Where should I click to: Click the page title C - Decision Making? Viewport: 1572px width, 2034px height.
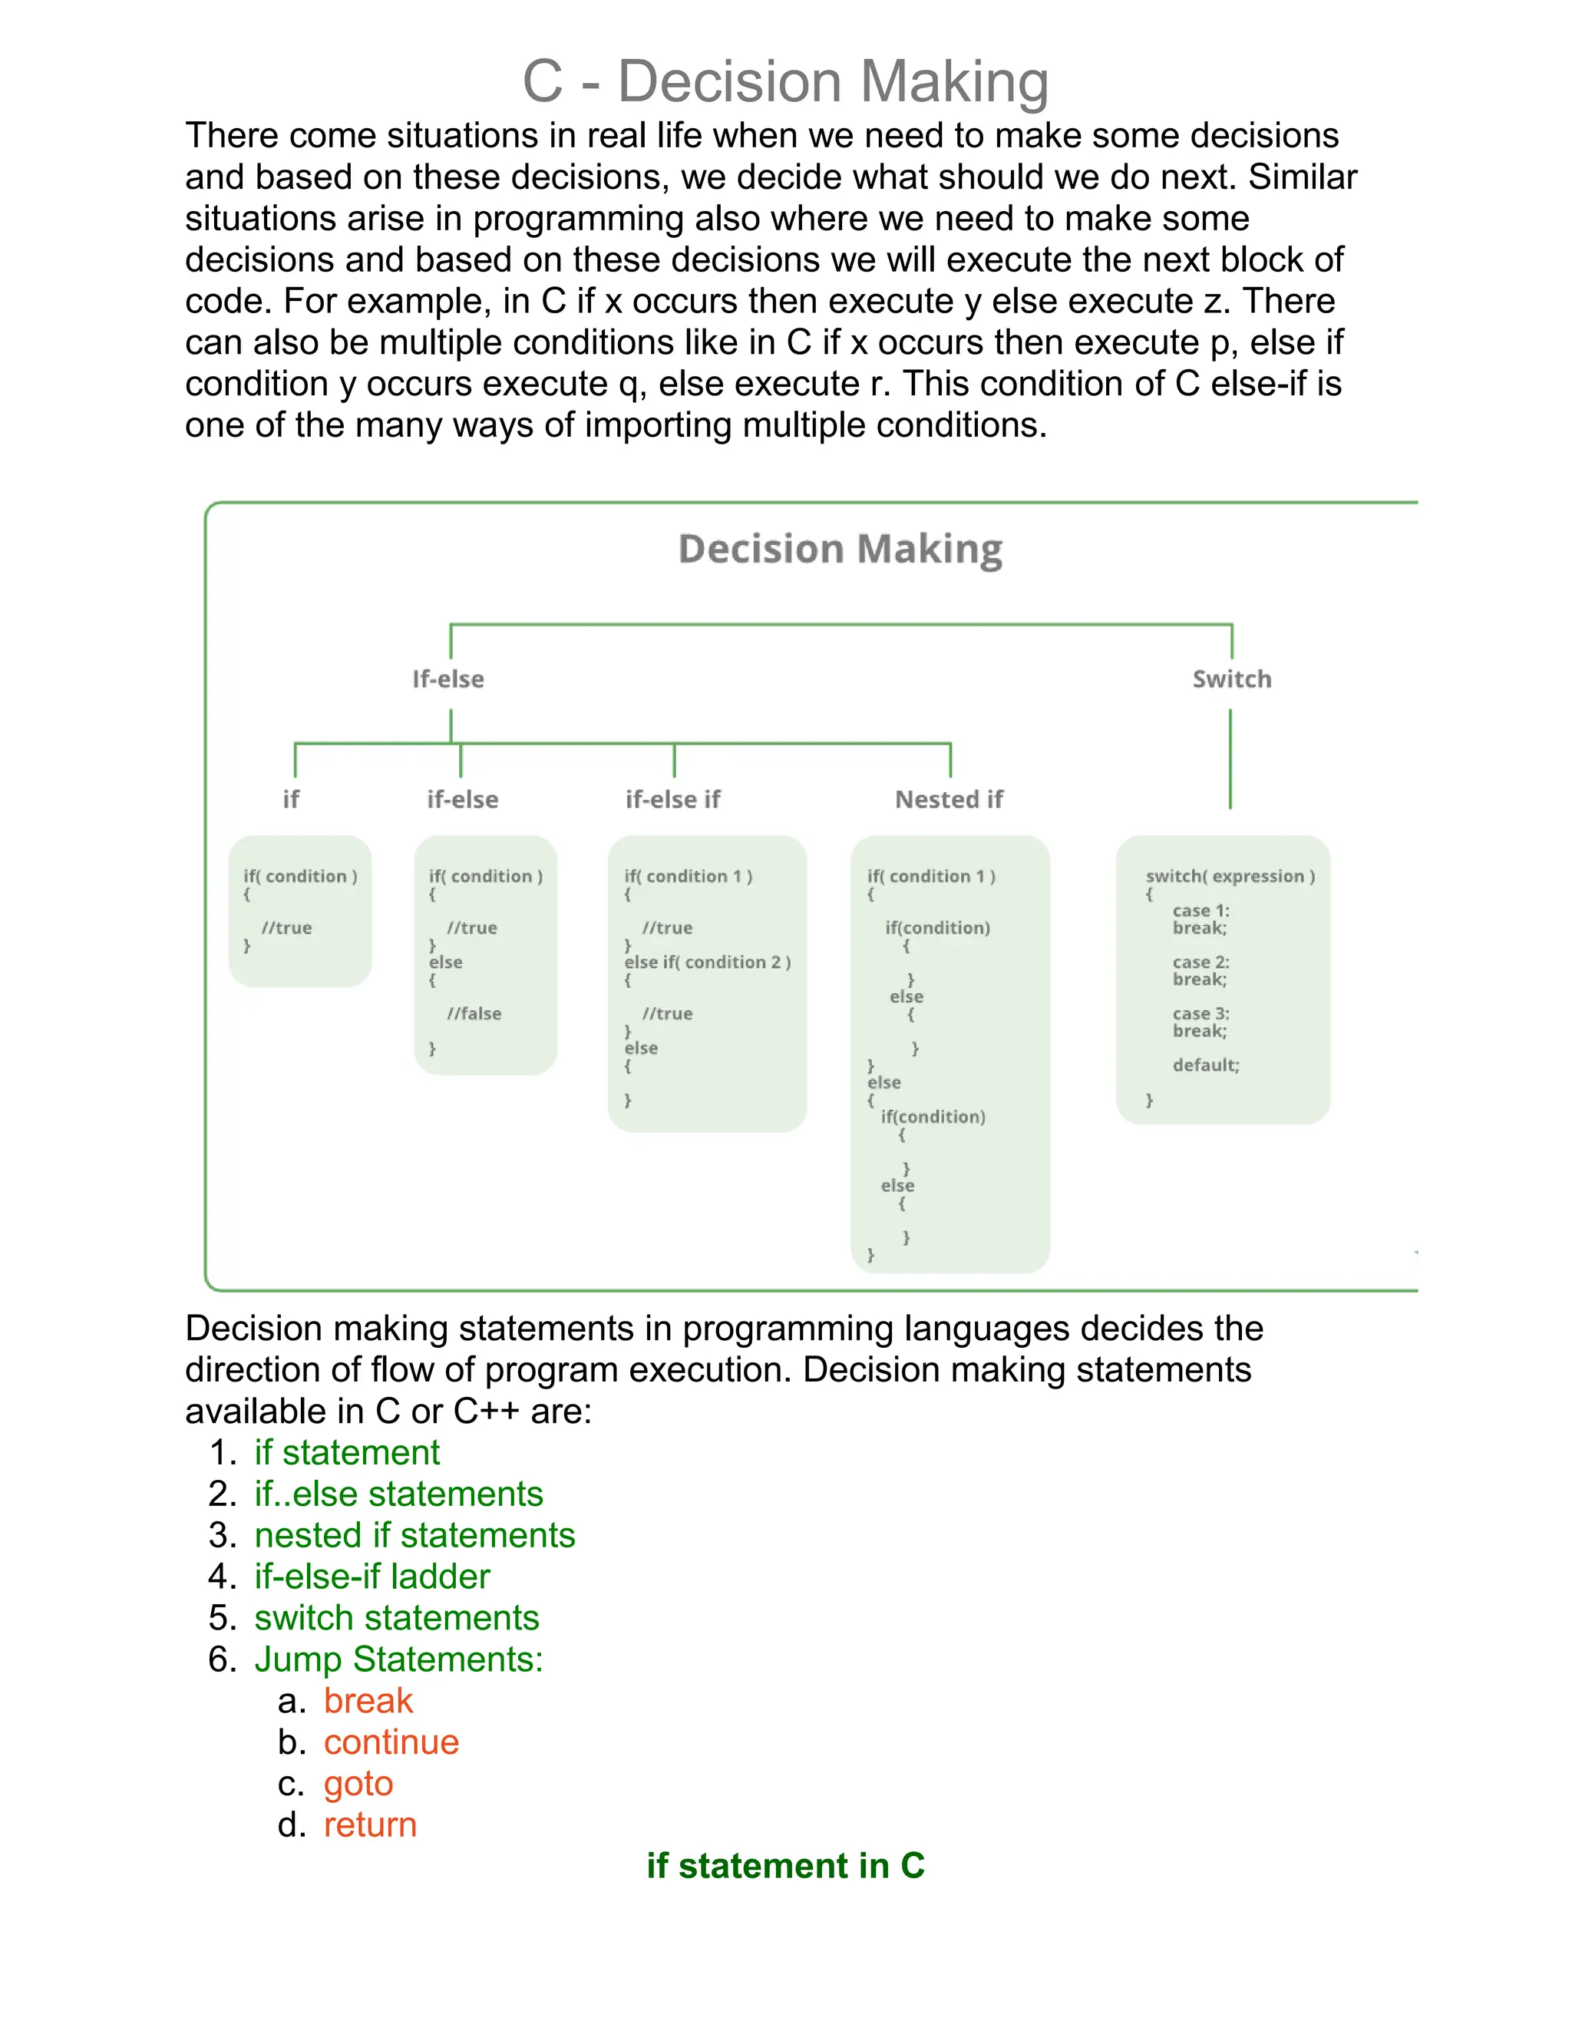(785, 81)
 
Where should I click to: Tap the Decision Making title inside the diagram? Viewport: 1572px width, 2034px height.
(840, 549)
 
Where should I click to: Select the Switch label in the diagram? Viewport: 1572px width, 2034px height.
(1231, 679)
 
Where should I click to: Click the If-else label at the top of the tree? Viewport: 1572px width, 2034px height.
(448, 679)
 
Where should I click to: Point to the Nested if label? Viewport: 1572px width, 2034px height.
(948, 799)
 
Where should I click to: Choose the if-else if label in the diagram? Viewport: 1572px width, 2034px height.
(672, 799)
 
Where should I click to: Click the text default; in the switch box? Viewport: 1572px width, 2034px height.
(1205, 1065)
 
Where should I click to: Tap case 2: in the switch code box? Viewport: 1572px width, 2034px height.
(1200, 962)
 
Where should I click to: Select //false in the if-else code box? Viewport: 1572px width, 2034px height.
(474, 1013)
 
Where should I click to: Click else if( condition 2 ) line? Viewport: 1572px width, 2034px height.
(707, 962)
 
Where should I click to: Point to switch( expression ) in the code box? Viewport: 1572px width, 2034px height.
(1230, 877)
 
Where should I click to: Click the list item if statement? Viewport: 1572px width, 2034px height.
(346, 1452)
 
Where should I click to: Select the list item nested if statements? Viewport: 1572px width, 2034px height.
(414, 1535)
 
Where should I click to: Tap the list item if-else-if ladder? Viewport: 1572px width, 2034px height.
(372, 1576)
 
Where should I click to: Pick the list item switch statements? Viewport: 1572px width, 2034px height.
(397, 1618)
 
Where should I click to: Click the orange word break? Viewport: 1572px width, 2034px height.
(368, 1701)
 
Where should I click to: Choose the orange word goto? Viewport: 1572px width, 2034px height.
(358, 1784)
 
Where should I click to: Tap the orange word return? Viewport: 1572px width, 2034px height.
(370, 1824)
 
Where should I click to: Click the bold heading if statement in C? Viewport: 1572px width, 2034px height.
(785, 1865)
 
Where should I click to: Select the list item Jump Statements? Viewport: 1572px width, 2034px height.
(398, 1659)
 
